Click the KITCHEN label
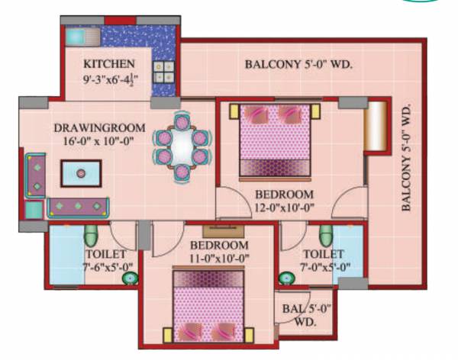110,63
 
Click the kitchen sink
76,37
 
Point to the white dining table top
180,140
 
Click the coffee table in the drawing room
82,173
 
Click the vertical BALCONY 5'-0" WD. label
406,158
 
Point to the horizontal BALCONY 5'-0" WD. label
298,65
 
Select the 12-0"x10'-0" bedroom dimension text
284,206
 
